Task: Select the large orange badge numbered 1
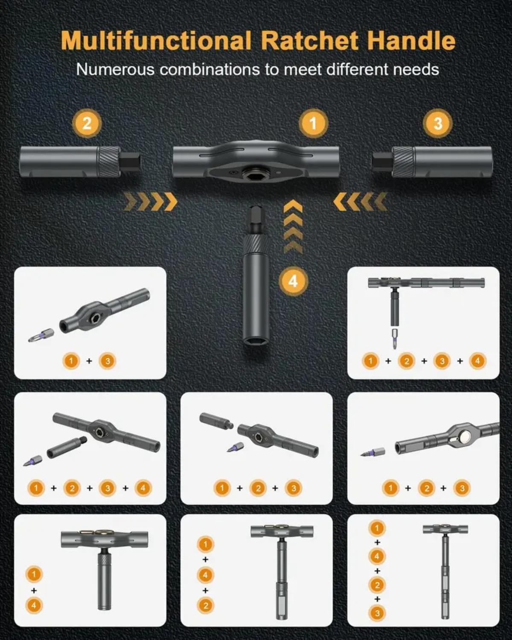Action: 313,123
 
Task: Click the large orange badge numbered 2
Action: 87,123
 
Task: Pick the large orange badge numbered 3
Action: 438,123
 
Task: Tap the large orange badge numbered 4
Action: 293,281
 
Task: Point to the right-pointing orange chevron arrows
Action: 150,201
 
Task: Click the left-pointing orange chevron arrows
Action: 361,201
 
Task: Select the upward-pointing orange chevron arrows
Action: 293,227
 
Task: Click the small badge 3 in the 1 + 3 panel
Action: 108,361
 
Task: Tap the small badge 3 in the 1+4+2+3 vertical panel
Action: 377,613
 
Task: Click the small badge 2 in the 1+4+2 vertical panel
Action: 205,605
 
